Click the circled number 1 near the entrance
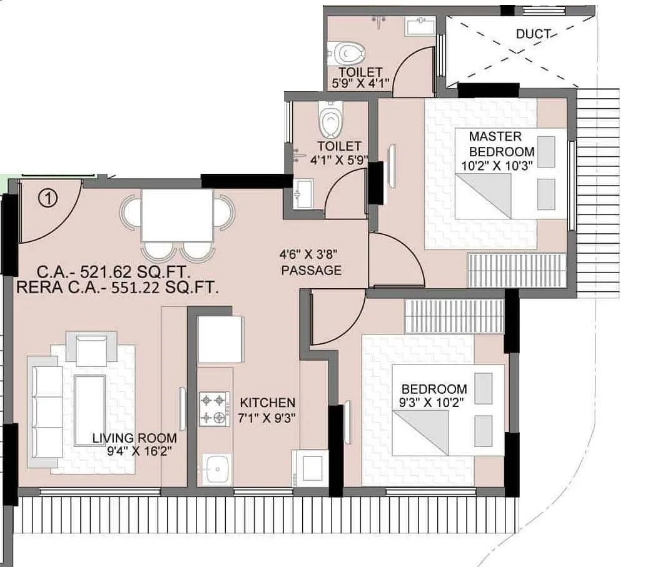tap(48, 198)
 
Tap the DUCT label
tap(534, 34)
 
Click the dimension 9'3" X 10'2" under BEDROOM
tap(434, 403)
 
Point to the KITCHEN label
tap(267, 403)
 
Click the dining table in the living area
tap(177, 215)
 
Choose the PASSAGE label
tap(311, 271)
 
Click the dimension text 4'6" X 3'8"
tap(308, 255)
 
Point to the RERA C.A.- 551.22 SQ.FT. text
tap(117, 288)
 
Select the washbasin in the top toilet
tap(417, 27)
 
